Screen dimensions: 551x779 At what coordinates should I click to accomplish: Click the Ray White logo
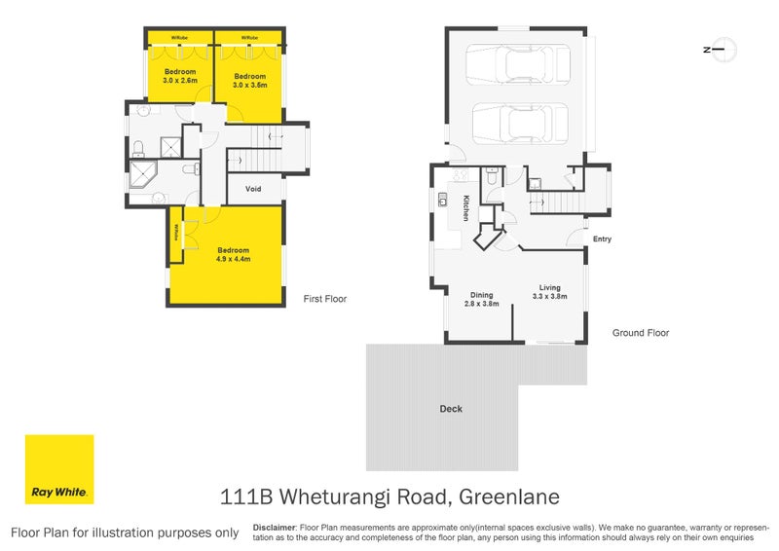[59, 469]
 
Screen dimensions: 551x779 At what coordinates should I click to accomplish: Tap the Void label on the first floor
[253, 189]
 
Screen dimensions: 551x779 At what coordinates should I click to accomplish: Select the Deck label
[451, 409]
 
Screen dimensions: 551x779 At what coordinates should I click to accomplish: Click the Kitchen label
[466, 207]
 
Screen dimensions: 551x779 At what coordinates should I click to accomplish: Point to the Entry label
[602, 239]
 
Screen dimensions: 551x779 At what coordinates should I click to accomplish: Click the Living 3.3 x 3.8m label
[551, 291]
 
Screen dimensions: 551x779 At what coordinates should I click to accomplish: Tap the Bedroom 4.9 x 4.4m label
[233, 255]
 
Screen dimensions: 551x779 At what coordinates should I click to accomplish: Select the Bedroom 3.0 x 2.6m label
[180, 77]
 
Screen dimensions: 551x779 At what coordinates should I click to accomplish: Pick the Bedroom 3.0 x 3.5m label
[250, 81]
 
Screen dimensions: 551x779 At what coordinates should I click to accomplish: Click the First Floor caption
[325, 299]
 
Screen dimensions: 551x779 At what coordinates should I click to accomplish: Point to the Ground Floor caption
[640, 333]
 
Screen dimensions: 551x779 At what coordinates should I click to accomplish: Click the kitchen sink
[442, 202]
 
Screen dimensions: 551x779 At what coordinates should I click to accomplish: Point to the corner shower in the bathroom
[144, 177]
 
